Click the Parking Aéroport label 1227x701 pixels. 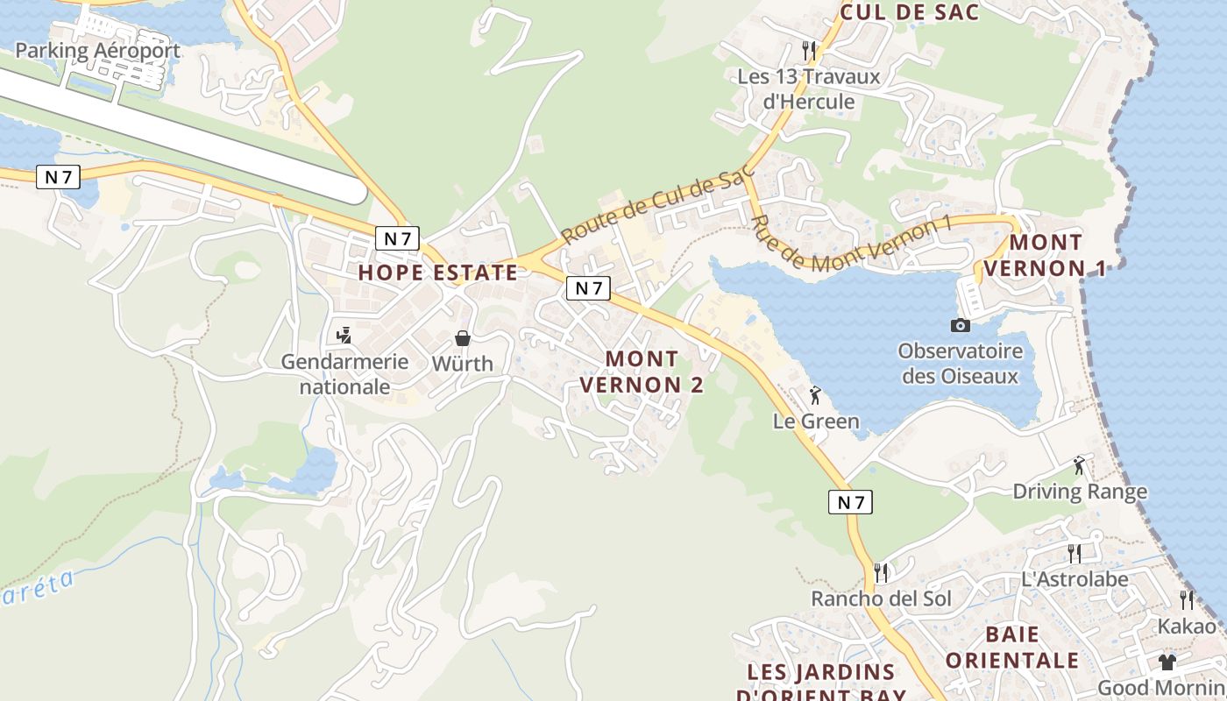pos(97,51)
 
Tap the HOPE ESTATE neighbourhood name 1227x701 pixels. pos(438,273)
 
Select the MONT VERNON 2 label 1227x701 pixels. pos(642,372)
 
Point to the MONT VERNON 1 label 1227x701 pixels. pos(1046,255)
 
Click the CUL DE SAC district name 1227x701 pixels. pos(910,12)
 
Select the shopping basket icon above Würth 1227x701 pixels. pos(463,338)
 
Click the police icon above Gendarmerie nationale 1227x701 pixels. pos(344,335)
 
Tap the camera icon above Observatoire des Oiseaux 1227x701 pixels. pos(961,325)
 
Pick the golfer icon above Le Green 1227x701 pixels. pos(815,395)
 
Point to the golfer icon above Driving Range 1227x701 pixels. pos(1079,464)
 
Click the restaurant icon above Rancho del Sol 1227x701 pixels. pos(881,573)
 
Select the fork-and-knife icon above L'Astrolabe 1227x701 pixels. pos(1075,553)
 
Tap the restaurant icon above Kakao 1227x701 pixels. pos(1187,600)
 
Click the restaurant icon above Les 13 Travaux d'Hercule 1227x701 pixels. pos(809,50)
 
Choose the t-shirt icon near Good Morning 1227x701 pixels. pos(1167,662)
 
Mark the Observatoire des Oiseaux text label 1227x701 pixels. pos(961,364)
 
